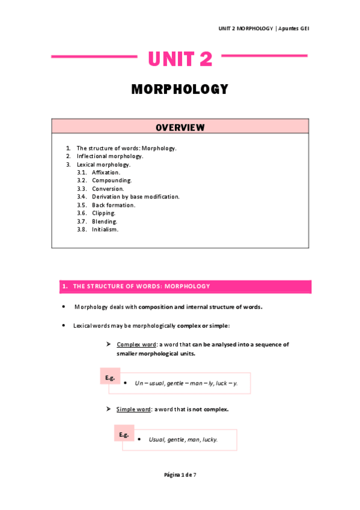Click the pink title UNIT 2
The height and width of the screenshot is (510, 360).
pyautogui.click(x=180, y=59)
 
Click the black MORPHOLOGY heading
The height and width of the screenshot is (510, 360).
pyautogui.click(x=180, y=90)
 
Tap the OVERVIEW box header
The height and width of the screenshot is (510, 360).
pyautogui.click(x=180, y=127)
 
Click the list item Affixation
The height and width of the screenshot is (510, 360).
pyautogui.click(x=106, y=173)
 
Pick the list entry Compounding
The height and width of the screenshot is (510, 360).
pyautogui.click(x=112, y=180)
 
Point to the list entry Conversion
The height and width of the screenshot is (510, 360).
pyautogui.click(x=108, y=189)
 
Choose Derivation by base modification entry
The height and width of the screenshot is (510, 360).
pyautogui.click(x=135, y=197)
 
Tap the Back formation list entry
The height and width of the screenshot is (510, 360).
pyautogui.click(x=114, y=205)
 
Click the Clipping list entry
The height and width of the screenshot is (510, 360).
pyautogui.click(x=104, y=213)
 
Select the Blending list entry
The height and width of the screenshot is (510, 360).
pyautogui.click(x=105, y=221)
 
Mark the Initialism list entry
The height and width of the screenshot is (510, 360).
pyautogui.click(x=105, y=229)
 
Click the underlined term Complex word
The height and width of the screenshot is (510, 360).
pyautogui.click(x=136, y=345)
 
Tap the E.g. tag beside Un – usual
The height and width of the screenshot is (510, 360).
pyautogui.click(x=109, y=378)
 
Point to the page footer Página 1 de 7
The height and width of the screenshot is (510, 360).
pyautogui.click(x=180, y=475)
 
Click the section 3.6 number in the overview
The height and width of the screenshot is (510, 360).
pyautogui.click(x=82, y=213)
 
